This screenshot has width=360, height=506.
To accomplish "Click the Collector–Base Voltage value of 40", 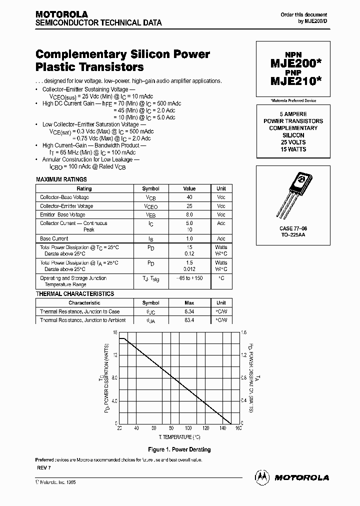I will (189, 197).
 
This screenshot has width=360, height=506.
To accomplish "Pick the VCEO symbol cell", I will (150, 206).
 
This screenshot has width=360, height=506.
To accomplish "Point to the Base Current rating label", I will (54, 238).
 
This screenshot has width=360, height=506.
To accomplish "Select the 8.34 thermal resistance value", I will (189, 311).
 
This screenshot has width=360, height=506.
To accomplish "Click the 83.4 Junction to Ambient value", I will (189, 320).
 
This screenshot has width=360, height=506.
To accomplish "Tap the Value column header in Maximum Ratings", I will (189, 188).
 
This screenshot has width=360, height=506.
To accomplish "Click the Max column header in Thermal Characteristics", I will (189, 302).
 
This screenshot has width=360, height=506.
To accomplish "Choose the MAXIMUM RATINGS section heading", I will (61, 179).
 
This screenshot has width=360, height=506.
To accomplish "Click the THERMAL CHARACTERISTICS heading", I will (75, 294).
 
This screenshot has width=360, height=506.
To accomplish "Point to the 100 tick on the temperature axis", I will (188, 428).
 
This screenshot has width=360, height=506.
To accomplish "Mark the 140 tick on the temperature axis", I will (222, 428).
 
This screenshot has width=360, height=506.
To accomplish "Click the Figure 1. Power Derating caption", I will (179, 449).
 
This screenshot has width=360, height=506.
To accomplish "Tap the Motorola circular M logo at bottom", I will (262, 477).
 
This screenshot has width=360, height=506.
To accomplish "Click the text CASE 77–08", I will (293, 227).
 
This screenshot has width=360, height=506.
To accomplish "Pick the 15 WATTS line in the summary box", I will (293, 149).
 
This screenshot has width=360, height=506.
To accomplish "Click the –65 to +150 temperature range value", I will (189, 278).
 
